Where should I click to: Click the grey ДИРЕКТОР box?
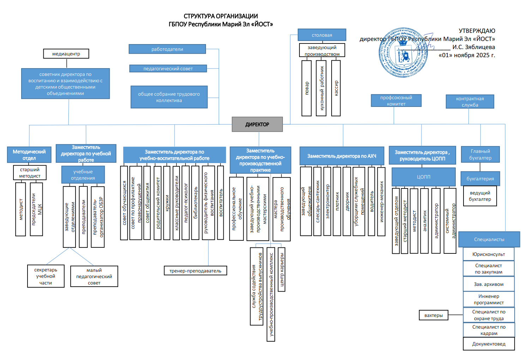point(257,124)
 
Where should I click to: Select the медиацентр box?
point(66,54)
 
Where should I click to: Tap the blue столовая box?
point(322,35)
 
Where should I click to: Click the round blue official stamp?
point(403,52)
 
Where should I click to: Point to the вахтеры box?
point(434,315)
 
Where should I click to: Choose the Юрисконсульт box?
point(489,254)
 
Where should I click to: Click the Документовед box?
point(489,344)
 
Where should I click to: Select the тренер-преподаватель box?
point(195,271)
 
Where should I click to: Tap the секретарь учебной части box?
point(46,276)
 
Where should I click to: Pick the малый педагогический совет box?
point(94,276)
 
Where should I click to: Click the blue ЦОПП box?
point(423,177)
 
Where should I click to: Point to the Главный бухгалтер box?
point(480,155)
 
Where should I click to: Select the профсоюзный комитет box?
point(396,101)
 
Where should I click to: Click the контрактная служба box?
point(470,102)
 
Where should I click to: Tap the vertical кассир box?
point(336,88)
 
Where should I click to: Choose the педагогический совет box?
point(168,68)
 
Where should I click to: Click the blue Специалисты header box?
point(489,239)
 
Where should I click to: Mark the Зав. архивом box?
point(489,284)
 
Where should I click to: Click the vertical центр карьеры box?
point(281,269)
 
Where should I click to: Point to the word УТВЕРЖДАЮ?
point(477,31)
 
